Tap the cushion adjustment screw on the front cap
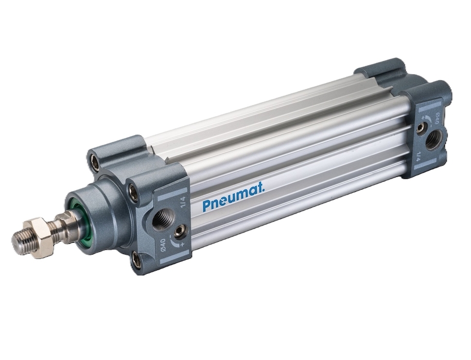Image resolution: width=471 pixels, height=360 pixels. (180, 231)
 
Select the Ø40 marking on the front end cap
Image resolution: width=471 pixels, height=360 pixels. (163, 246)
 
